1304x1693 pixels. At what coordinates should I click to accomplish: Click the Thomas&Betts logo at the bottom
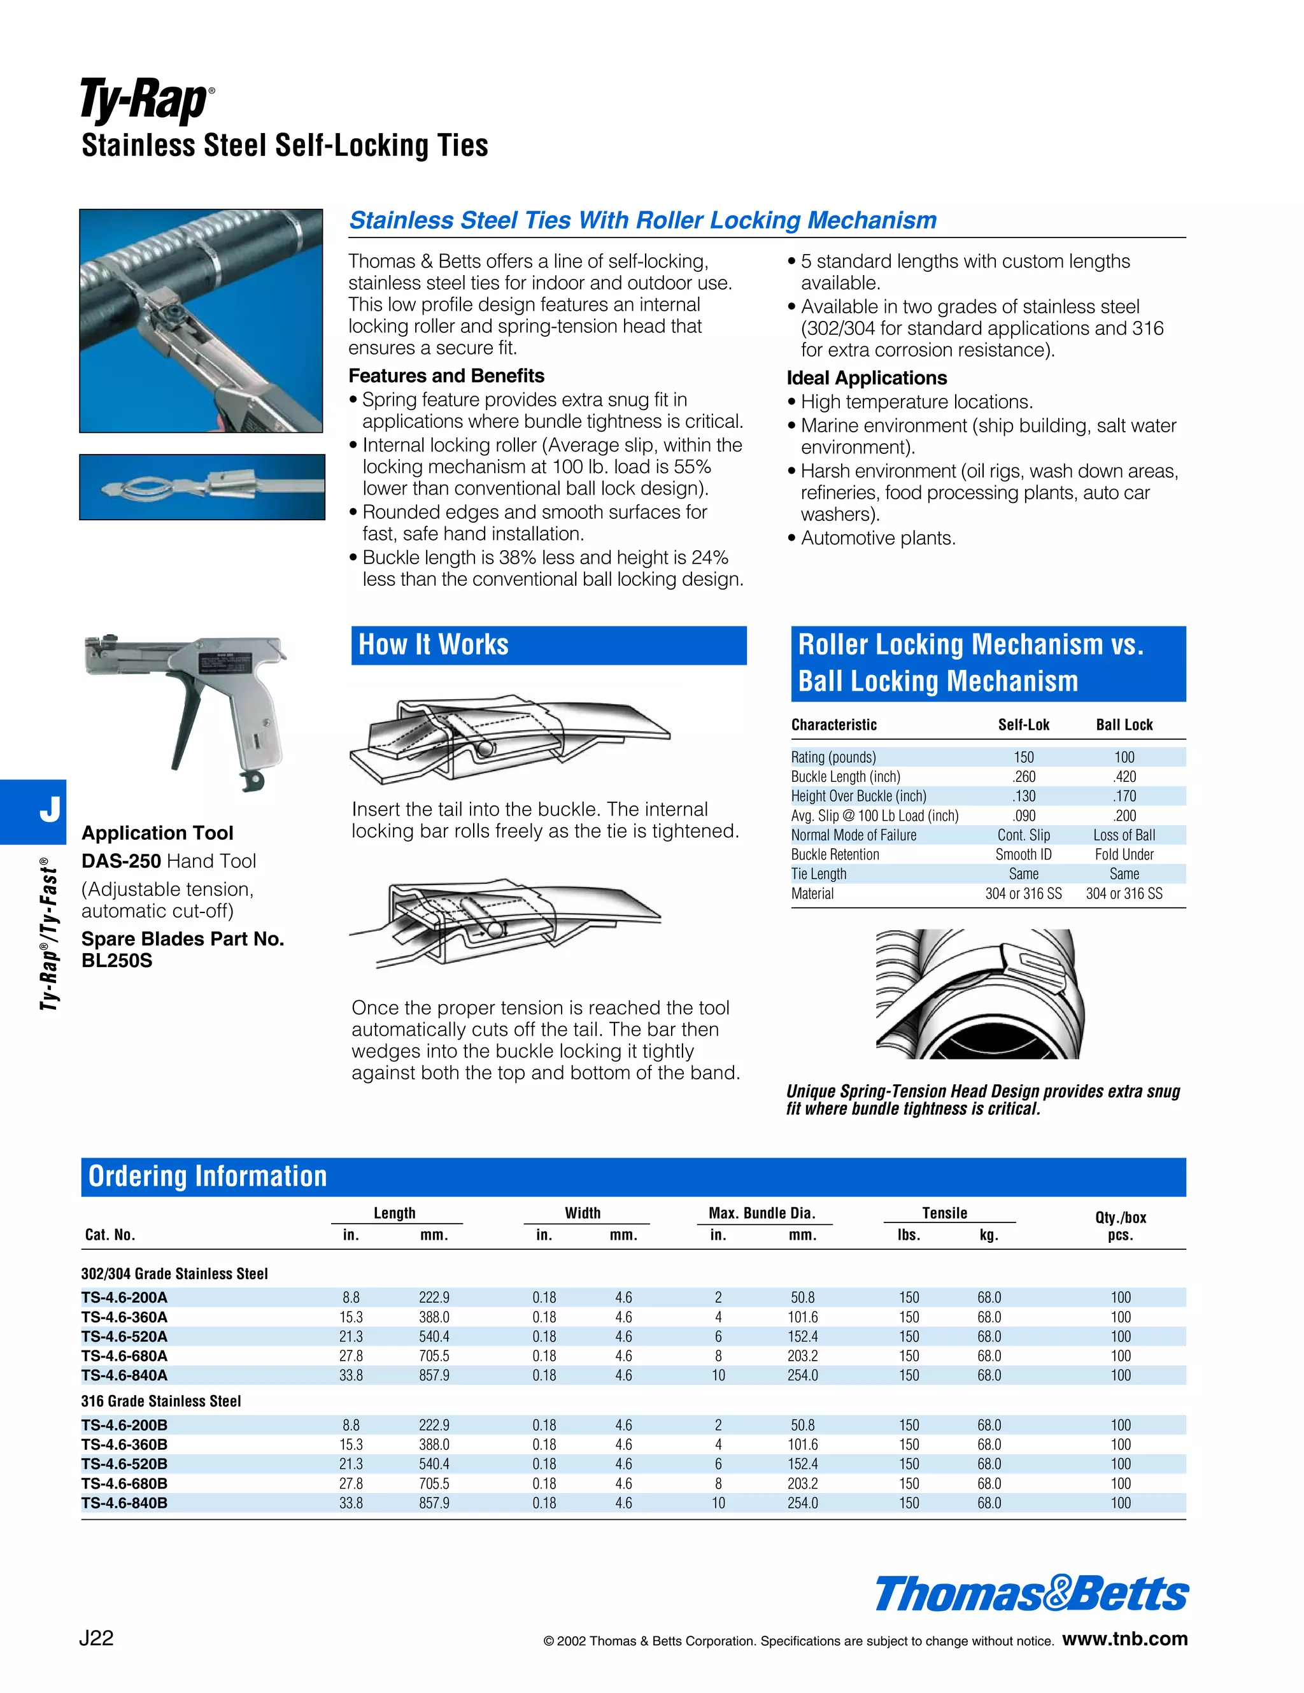1031,1594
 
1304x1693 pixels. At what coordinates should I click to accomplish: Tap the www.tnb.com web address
1124,1639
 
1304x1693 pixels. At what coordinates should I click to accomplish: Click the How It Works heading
434,645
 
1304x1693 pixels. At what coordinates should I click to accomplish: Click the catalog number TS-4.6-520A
124,1336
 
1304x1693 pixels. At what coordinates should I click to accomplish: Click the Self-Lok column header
1023,725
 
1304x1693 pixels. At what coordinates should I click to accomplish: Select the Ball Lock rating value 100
1124,757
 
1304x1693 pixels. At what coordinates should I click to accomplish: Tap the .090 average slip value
1023,816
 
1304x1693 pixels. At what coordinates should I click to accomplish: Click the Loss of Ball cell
1124,835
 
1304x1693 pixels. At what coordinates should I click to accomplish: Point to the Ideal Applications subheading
867,378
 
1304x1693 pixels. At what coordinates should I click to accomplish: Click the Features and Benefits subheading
446,376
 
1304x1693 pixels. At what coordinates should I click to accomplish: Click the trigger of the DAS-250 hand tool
186,717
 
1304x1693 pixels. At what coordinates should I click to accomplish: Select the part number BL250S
117,960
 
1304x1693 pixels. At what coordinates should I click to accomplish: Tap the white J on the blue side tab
50,809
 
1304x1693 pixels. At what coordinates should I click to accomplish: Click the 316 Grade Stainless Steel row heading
161,1401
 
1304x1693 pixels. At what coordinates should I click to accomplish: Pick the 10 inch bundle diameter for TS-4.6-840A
719,1375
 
